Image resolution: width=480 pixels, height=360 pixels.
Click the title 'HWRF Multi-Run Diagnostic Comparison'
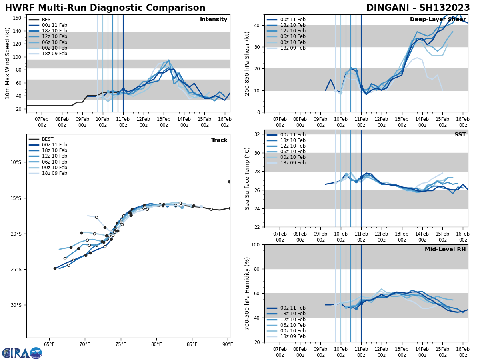[105, 8]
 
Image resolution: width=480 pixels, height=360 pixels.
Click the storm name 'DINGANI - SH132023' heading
[418, 8]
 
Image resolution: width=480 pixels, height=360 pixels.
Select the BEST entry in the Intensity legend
[48, 20]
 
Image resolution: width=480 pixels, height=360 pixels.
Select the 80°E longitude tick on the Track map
[156, 344]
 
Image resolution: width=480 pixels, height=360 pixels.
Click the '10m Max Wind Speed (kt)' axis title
[8, 63]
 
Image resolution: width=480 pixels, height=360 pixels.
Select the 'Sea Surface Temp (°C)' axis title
[248, 178]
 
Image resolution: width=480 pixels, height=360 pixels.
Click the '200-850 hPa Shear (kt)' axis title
[248, 63]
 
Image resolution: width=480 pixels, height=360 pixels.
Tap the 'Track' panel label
[219, 140]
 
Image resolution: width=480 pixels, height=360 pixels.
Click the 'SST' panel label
[460, 135]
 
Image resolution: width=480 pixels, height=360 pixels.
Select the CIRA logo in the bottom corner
[22, 353]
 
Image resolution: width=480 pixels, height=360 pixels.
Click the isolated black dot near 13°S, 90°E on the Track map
[229, 182]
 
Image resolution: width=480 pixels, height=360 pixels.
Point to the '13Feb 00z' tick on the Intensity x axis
[164, 122]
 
